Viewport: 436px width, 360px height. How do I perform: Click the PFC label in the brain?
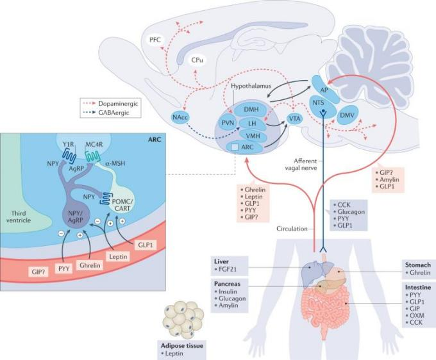(155, 40)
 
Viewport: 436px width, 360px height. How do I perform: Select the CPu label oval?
(197, 60)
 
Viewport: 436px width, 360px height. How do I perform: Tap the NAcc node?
(180, 117)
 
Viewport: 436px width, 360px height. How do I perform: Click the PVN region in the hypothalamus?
(228, 122)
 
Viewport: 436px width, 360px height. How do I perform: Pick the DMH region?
(251, 110)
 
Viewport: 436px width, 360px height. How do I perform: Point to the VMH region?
(253, 136)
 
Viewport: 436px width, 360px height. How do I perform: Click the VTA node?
(295, 119)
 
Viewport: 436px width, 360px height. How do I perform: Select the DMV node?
(348, 115)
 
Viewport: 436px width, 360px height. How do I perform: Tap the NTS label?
(318, 102)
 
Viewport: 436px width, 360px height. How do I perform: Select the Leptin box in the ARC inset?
(118, 256)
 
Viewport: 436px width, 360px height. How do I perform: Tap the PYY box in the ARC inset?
(63, 268)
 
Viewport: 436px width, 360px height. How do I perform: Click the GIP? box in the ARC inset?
(38, 272)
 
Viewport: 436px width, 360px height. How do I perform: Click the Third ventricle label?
(19, 217)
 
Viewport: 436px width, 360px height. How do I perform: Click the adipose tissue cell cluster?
(183, 318)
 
